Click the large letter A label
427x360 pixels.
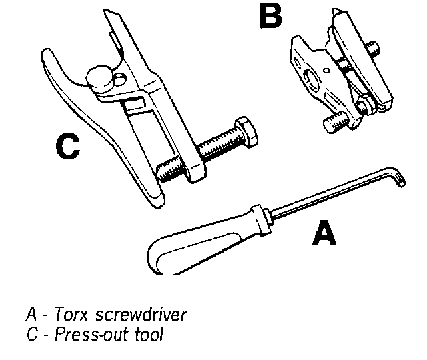point(324,234)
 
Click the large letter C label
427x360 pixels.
point(68,147)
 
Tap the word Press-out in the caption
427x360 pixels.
point(88,333)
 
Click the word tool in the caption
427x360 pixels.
point(150,333)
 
